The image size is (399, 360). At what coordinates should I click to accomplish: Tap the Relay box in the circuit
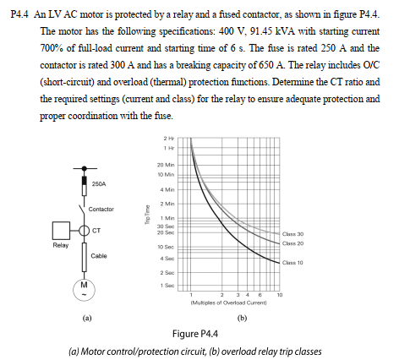point(60,230)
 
